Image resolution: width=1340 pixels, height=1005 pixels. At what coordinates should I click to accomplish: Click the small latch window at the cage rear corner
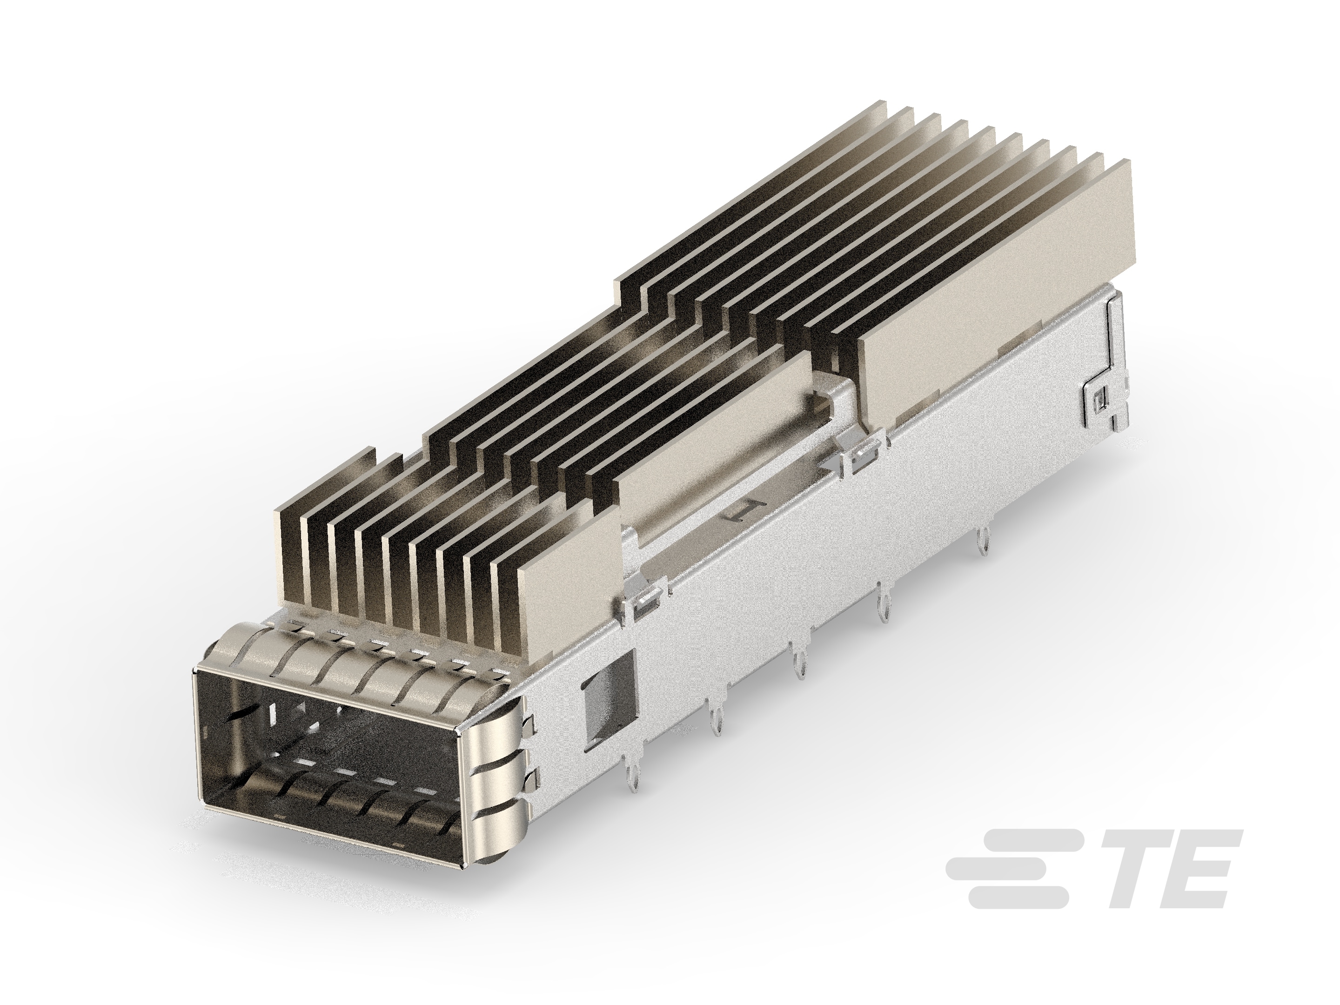(x=1101, y=398)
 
